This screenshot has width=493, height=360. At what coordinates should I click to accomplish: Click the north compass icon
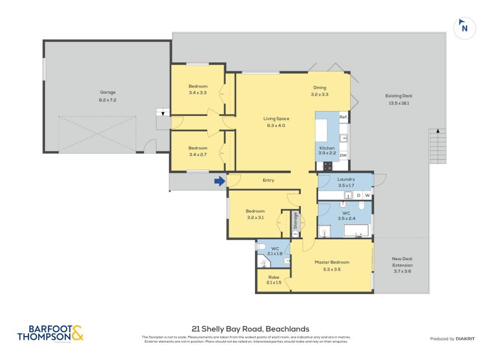465,28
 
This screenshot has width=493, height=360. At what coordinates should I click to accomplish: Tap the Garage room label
108,96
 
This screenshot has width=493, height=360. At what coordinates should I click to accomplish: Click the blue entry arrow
219,181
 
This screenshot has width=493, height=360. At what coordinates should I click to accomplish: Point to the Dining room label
319,91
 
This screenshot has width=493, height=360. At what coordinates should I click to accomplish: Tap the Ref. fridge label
343,117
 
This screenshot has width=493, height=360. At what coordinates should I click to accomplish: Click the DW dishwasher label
343,155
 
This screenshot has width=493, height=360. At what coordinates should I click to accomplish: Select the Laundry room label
346,182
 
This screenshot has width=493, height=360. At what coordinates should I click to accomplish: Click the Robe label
274,280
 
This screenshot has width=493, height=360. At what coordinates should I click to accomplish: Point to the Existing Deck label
398,99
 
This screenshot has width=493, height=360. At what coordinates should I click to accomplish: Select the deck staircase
437,146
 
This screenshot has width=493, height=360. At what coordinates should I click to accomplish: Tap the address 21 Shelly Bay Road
250,329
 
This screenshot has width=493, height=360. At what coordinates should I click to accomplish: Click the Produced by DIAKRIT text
455,338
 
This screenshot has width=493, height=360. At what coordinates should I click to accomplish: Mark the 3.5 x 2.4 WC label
346,216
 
